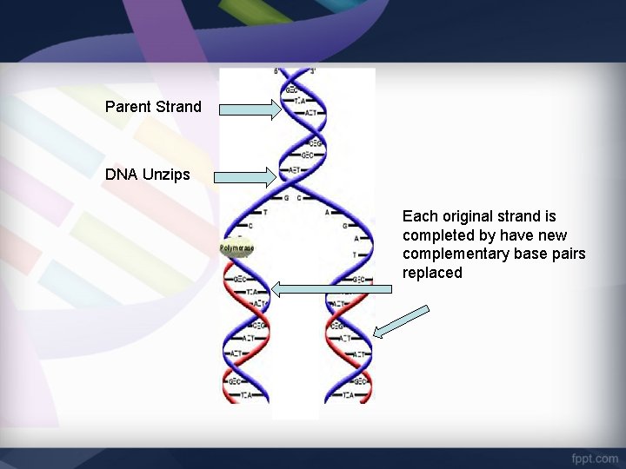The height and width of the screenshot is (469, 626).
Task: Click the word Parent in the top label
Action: pos(128,107)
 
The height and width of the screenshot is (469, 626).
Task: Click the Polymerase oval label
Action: pos(236,248)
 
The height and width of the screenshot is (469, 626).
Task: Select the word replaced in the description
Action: pos(432,274)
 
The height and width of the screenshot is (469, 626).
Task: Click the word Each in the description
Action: pos(418,216)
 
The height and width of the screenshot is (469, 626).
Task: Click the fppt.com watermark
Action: pos(594,458)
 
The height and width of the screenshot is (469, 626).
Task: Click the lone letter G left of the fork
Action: pos(285,198)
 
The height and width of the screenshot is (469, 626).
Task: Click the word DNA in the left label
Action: pos(120,175)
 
